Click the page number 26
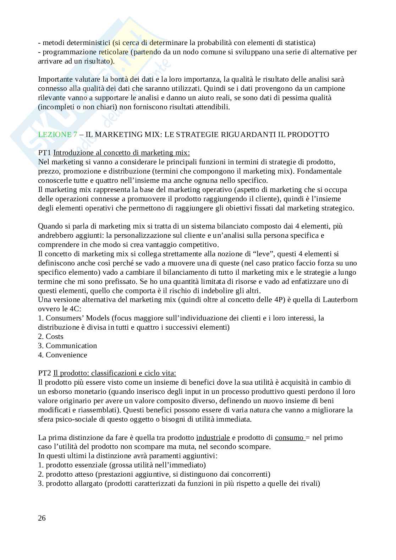pyautogui.click(x=42, y=518)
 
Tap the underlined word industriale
pyautogui.click(x=213, y=438)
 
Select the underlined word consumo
pyautogui.click(x=289, y=438)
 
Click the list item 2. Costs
pyautogui.click(x=51, y=336)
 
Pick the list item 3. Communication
pyautogui.click(x=67, y=346)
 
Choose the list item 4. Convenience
pyautogui.click(x=62, y=355)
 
